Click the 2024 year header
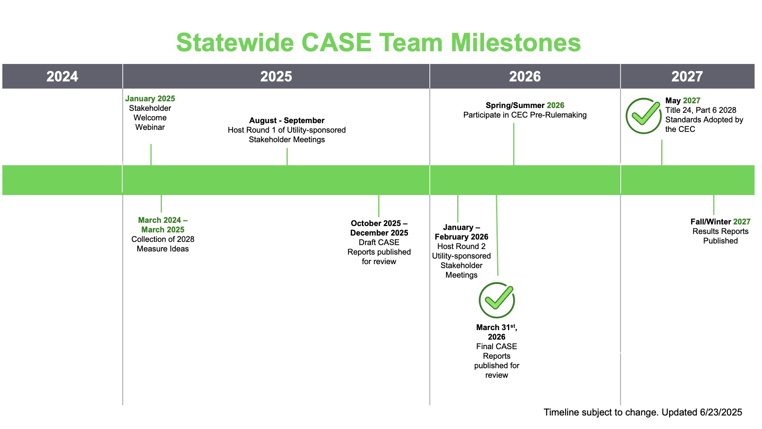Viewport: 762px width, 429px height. (62, 76)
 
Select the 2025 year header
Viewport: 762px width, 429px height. (276, 76)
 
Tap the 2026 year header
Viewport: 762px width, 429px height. (525, 76)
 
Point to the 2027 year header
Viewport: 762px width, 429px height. (687, 76)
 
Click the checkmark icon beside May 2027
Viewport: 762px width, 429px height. (644, 116)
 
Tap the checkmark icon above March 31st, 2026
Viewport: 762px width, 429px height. (497, 300)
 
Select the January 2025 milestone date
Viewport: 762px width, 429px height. (150, 99)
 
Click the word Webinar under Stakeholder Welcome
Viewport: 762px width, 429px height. (150, 127)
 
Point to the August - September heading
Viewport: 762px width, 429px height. (287, 120)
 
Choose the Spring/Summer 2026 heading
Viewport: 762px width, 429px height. (525, 105)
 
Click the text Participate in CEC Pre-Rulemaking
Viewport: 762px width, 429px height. (525, 115)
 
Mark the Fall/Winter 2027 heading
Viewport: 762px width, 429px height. (720, 222)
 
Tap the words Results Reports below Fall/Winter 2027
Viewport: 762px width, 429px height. (720, 231)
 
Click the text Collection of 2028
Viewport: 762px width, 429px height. (163, 239)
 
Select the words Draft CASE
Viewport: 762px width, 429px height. (379, 242)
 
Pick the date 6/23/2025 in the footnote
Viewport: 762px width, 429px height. (721, 412)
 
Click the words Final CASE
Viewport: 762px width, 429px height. (496, 346)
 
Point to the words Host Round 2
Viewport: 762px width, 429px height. (462, 246)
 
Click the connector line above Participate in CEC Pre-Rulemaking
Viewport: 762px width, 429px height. (514, 144)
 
